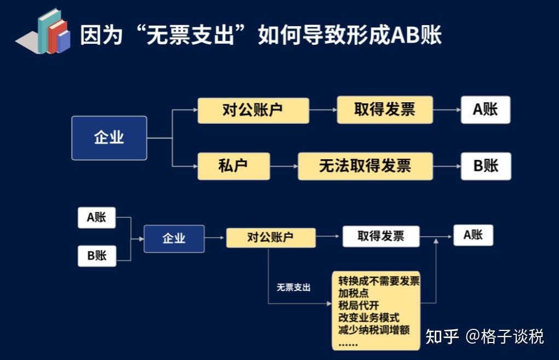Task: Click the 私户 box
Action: coord(234,166)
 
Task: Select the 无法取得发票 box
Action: coord(365,166)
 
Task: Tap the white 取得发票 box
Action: coord(381,236)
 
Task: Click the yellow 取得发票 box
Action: coord(385,109)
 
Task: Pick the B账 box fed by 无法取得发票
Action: coord(486,166)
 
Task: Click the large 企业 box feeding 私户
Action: coord(109,138)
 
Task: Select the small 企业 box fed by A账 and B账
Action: coord(174,239)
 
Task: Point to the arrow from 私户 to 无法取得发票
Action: coord(284,166)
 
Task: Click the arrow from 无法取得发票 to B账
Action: coord(447,166)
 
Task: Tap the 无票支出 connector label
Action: coord(293,287)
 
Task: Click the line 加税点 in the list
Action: coord(353,293)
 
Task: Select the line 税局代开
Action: coord(358,305)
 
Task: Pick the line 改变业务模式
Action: coord(368,318)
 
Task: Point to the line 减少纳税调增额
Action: coord(373,330)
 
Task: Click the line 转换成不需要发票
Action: coord(379,281)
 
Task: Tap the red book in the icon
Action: coord(57,37)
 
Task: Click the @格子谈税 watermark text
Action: coord(504,336)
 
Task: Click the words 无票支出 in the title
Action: coord(190,35)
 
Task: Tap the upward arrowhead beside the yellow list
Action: coord(436,241)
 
